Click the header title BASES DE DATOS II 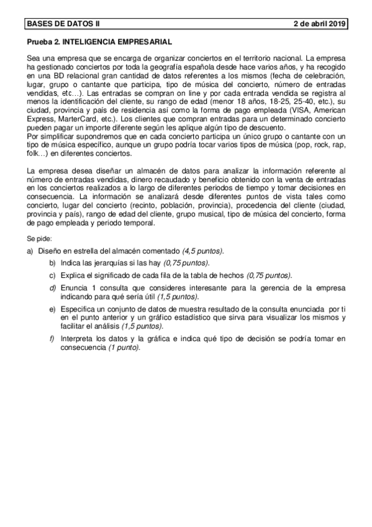63,24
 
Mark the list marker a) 29,250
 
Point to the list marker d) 53,289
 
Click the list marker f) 53,338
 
